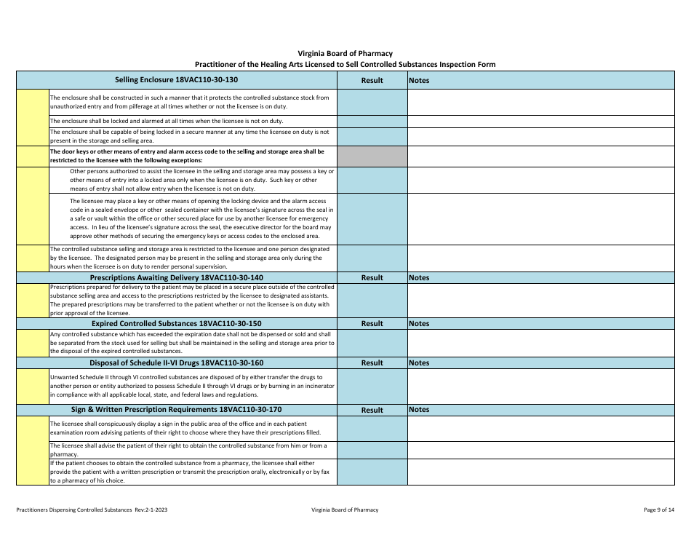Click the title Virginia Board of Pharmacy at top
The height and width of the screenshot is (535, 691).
(x=345, y=53)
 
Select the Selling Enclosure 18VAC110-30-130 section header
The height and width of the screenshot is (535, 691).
(x=176, y=80)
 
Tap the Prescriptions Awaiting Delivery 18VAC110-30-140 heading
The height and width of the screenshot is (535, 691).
(x=176, y=277)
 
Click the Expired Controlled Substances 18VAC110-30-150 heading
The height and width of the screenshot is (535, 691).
(x=176, y=323)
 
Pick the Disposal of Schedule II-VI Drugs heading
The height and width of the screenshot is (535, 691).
(x=176, y=362)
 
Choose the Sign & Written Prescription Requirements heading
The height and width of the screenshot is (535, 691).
(x=176, y=410)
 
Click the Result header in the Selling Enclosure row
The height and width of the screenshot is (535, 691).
(x=372, y=80)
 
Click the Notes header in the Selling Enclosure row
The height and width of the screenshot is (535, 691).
(x=420, y=80)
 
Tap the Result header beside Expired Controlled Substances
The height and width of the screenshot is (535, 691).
(x=372, y=323)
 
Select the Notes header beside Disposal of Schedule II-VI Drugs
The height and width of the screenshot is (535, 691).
(x=420, y=362)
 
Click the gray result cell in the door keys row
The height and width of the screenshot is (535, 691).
(x=372, y=156)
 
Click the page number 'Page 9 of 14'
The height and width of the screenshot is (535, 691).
(x=659, y=510)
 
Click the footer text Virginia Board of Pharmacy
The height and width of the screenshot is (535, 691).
(x=345, y=510)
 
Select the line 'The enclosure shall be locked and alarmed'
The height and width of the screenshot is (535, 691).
(x=166, y=121)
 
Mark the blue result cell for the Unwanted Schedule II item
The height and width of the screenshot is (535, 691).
(x=372, y=386)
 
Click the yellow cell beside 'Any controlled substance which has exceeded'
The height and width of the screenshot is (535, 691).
(x=33, y=342)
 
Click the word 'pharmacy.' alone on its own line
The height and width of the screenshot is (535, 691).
(x=64, y=455)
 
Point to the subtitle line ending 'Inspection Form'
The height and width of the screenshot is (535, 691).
(x=345, y=64)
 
